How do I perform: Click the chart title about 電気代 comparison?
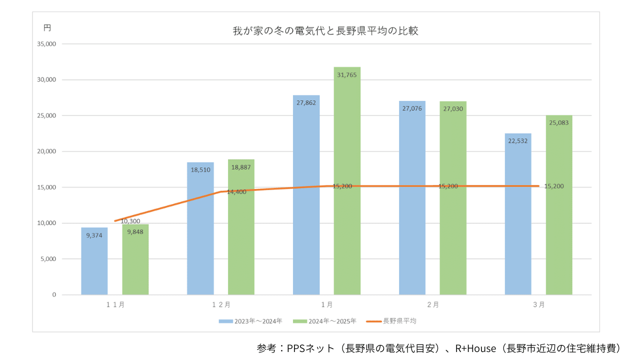[325, 30]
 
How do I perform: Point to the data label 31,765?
[347, 75]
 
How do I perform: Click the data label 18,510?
[200, 170]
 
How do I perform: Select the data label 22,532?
[518, 141]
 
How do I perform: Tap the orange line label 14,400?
[236, 192]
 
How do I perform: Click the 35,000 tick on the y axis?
[46, 44]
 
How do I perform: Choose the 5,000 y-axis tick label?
[48, 259]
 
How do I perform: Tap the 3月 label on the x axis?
[538, 304]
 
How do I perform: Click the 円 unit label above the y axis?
[47, 27]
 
